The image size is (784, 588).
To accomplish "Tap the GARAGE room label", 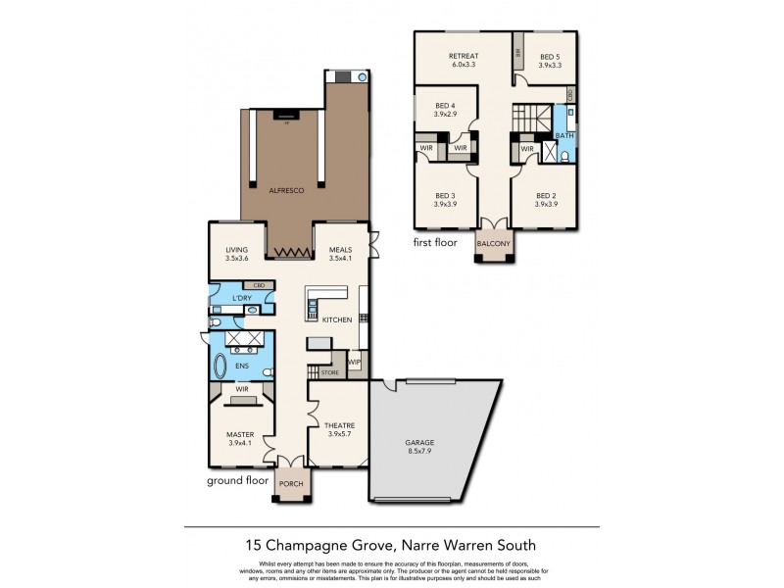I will [x=419, y=443].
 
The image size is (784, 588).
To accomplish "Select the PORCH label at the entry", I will [x=292, y=484].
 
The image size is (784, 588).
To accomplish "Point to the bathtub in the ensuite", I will [x=221, y=367].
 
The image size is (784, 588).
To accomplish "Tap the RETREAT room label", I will [x=463, y=56].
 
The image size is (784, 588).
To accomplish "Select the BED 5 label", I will [x=551, y=56].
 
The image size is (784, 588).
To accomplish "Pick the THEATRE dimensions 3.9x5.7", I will [x=338, y=434].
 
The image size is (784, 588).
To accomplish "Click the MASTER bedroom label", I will [x=240, y=434].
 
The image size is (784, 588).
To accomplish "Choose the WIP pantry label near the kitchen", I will [x=354, y=363].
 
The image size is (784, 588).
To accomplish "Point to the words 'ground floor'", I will [x=236, y=481].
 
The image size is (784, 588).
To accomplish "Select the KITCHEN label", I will [x=337, y=319].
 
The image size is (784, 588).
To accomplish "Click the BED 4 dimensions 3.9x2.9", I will [x=445, y=114].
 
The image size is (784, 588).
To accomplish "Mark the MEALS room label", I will [x=341, y=250].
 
